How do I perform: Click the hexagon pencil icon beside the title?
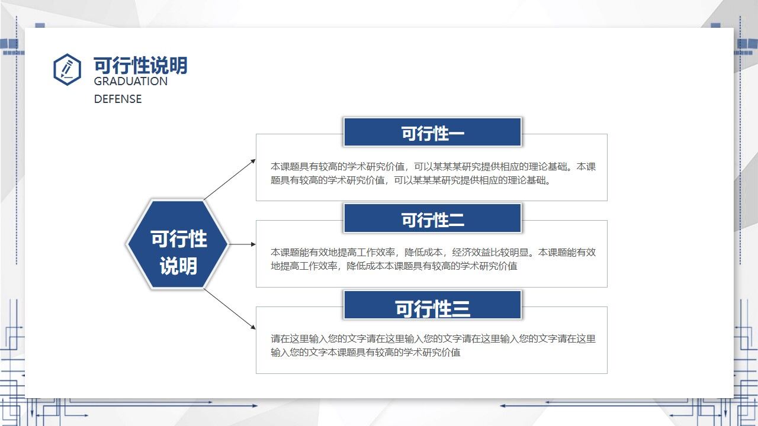pos(67,69)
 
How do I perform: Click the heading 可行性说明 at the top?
pos(140,65)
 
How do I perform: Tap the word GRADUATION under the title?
pos(130,82)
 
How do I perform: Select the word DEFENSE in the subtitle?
pos(118,99)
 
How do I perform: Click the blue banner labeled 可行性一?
pos(432,133)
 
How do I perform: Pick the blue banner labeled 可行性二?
pos(432,219)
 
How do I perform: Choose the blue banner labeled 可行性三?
pos(432,306)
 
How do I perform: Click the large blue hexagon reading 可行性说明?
pos(178,244)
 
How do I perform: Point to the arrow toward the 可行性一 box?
pos(230,179)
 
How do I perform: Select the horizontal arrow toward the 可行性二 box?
pos(243,244)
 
